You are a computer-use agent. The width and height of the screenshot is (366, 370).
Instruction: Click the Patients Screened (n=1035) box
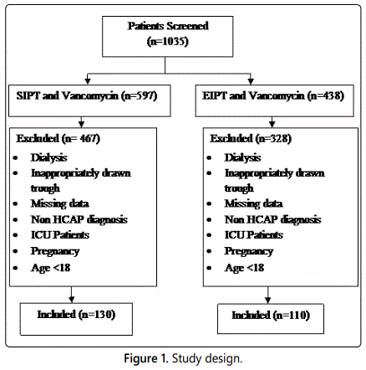168,37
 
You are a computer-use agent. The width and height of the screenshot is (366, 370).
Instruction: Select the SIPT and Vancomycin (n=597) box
89,100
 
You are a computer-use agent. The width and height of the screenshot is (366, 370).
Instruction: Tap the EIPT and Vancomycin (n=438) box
275,100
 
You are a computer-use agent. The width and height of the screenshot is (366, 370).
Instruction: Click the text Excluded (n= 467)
58,139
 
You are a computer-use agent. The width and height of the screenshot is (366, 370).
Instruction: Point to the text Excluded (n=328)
251,139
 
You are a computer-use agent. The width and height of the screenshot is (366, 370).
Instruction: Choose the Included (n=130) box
76,319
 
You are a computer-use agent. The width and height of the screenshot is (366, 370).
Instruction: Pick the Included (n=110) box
271,319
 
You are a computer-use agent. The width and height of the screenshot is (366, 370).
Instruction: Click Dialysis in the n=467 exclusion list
49,158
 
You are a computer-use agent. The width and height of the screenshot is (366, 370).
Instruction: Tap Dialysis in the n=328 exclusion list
242,158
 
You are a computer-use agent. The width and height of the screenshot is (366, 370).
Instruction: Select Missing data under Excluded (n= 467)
60,203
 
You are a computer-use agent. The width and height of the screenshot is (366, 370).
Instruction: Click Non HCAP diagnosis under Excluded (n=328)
273,220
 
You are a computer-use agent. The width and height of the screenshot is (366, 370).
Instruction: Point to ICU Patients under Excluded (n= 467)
60,235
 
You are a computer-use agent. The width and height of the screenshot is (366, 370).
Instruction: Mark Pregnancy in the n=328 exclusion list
249,251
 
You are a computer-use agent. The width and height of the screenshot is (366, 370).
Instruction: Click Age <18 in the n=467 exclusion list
50,268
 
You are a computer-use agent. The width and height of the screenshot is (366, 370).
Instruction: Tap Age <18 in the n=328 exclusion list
244,268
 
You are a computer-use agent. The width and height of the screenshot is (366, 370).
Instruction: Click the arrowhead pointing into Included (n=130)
72,300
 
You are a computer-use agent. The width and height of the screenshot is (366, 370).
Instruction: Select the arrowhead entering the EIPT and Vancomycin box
251,81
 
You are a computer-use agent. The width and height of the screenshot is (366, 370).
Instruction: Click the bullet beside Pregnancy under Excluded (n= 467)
15,251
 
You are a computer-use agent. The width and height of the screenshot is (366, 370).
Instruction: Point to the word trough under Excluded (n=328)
239,188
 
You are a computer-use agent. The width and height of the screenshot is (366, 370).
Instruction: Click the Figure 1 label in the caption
146,358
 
